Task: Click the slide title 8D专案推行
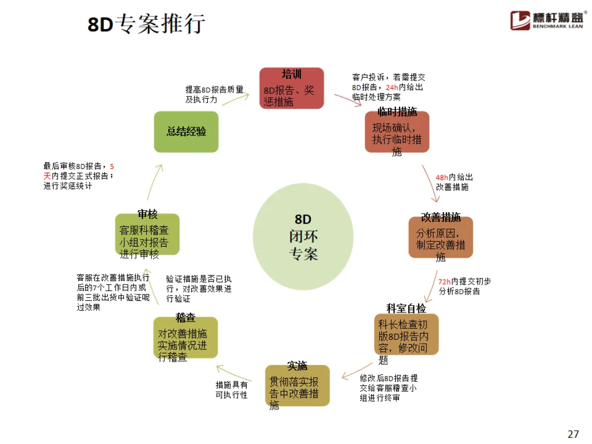pyautogui.click(x=146, y=24)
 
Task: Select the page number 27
pyautogui.click(x=573, y=434)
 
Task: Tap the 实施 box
pyautogui.click(x=297, y=385)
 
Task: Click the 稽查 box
pyautogui.click(x=185, y=338)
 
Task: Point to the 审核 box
pyautogui.click(x=147, y=235)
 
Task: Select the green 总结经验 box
pyautogui.click(x=186, y=132)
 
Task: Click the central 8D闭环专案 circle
pyautogui.click(x=303, y=237)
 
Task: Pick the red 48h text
pyautogui.click(x=442, y=178)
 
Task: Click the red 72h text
pyautogui.click(x=445, y=282)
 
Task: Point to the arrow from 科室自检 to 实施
pyautogui.click(x=357, y=370)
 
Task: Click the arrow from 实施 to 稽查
pyautogui.click(x=234, y=373)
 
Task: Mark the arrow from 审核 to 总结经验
pyautogui.click(x=155, y=181)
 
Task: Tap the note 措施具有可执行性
pyautogui.click(x=231, y=390)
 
